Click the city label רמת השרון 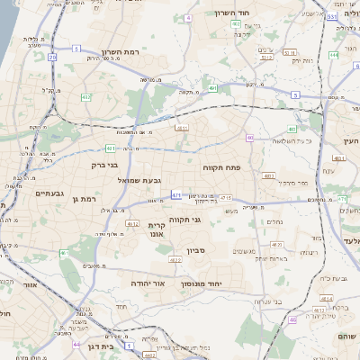coord(124,53)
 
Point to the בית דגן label coord(101,346)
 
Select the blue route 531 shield coord(332,16)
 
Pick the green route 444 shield coord(333,55)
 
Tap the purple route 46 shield coord(292,319)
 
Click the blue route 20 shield coord(52,58)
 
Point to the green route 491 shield coord(212,88)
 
